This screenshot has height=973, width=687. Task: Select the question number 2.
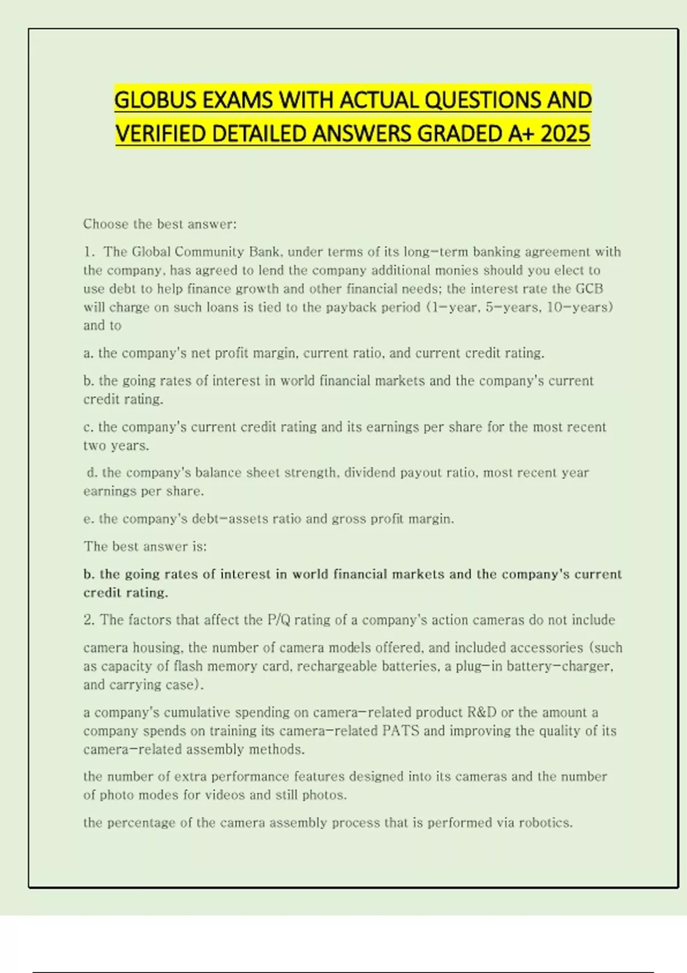point(89,620)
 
